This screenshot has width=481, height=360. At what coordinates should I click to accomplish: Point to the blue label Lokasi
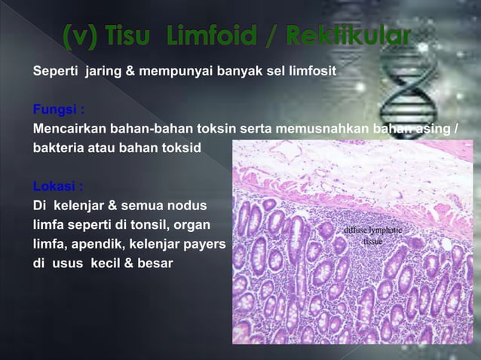57,186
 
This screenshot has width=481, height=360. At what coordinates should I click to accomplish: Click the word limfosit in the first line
312,72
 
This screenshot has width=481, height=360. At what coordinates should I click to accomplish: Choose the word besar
156,264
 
